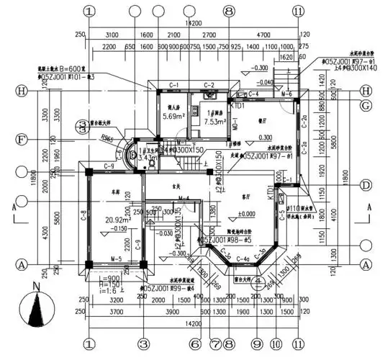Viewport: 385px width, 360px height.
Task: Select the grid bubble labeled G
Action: click(367, 105)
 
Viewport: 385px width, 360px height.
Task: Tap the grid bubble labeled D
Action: click(367, 186)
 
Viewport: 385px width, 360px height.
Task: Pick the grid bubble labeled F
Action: click(22, 139)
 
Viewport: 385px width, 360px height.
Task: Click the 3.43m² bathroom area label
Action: click(146, 156)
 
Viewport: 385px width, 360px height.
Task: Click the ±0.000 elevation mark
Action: click(246, 214)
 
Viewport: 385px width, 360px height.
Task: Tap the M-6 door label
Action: click(286, 94)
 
